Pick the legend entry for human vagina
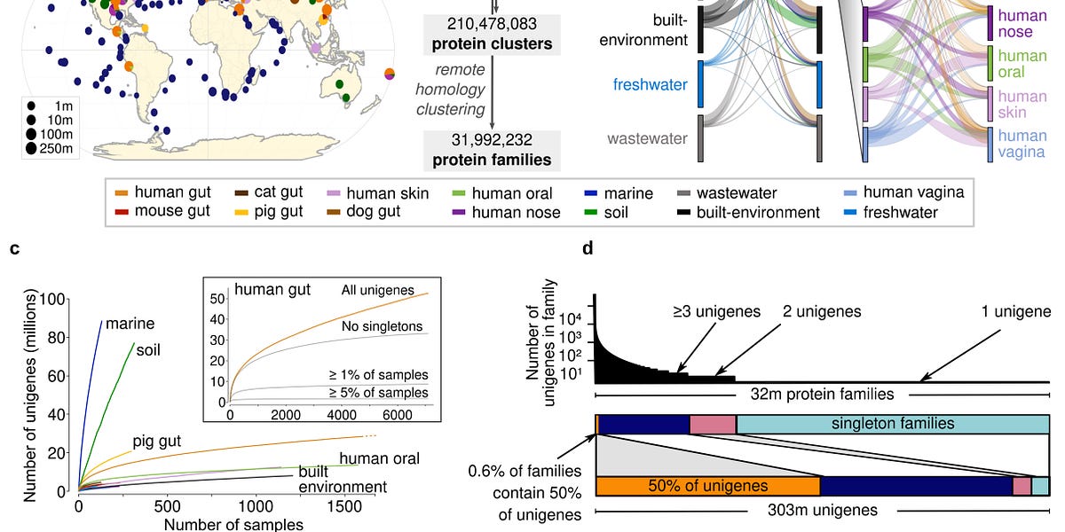(x=913, y=193)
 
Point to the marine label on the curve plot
(x=130, y=324)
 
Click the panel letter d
(x=587, y=249)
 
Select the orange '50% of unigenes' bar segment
(x=707, y=485)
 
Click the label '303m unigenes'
(x=820, y=510)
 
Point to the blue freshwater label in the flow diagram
(x=650, y=85)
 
